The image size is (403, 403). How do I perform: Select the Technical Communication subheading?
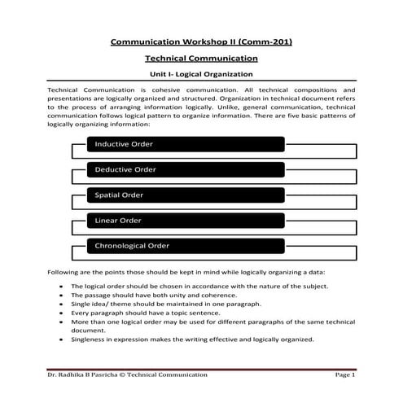(x=201, y=59)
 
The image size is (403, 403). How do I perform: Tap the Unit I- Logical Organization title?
(x=201, y=74)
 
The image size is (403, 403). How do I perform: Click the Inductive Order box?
(x=186, y=144)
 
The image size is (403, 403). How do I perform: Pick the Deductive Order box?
(x=186, y=169)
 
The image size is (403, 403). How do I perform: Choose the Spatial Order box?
(x=186, y=195)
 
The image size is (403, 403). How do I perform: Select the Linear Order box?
(x=186, y=220)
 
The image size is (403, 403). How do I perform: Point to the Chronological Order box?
(x=186, y=245)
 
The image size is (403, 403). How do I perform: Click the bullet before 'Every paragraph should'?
(x=63, y=313)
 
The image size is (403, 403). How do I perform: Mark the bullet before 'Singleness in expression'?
(x=63, y=339)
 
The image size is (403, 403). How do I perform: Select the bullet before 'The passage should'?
(x=63, y=295)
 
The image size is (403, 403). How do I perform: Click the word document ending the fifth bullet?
(x=87, y=331)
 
